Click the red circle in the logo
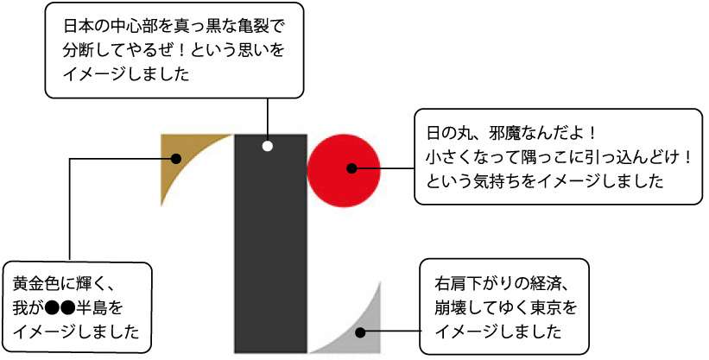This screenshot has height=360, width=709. (x=344, y=170)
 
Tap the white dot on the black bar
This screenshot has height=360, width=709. (x=267, y=146)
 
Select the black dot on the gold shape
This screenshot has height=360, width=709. (x=176, y=159)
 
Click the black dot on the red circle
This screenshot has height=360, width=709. (x=351, y=168)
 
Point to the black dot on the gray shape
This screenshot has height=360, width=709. (x=360, y=332)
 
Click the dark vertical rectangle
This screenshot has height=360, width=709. (x=270, y=243)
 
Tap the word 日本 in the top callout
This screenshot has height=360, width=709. (x=75, y=26)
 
